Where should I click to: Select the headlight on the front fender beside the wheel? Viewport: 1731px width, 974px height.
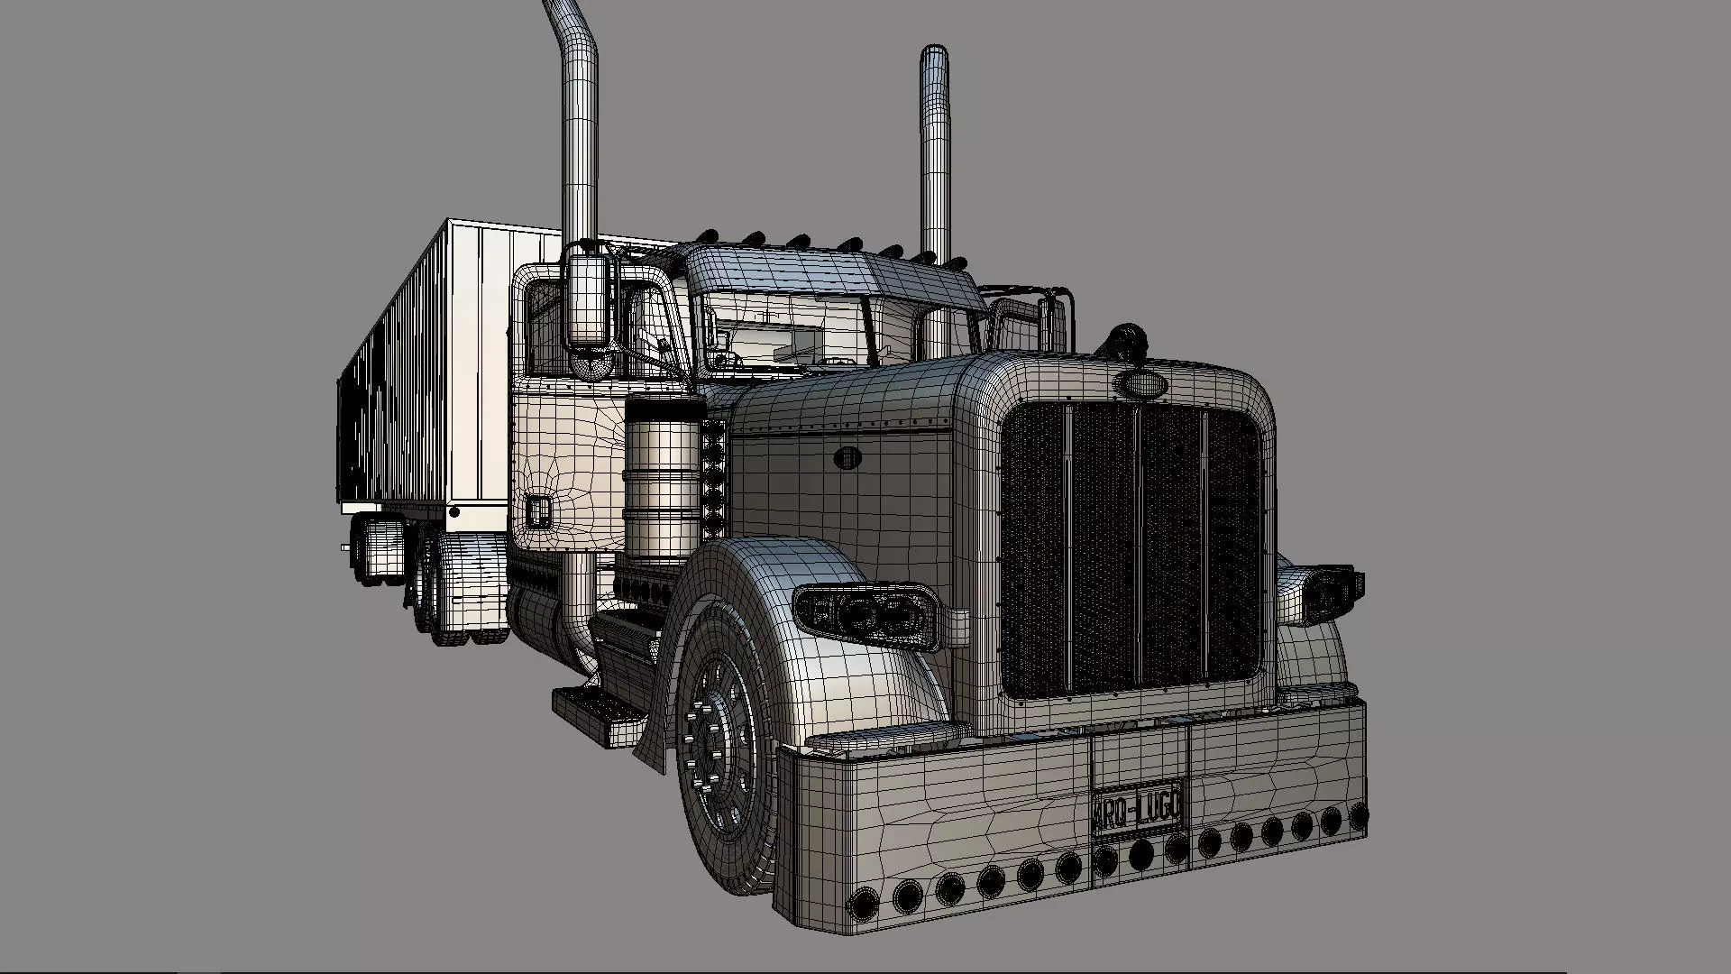click(x=865, y=615)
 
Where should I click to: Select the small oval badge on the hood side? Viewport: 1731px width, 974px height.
click(x=847, y=457)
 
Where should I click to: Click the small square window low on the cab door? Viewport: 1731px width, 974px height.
click(x=539, y=511)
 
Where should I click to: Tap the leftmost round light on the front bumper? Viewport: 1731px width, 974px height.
click(x=865, y=903)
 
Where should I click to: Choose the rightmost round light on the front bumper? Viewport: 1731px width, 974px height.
click(x=1358, y=818)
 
